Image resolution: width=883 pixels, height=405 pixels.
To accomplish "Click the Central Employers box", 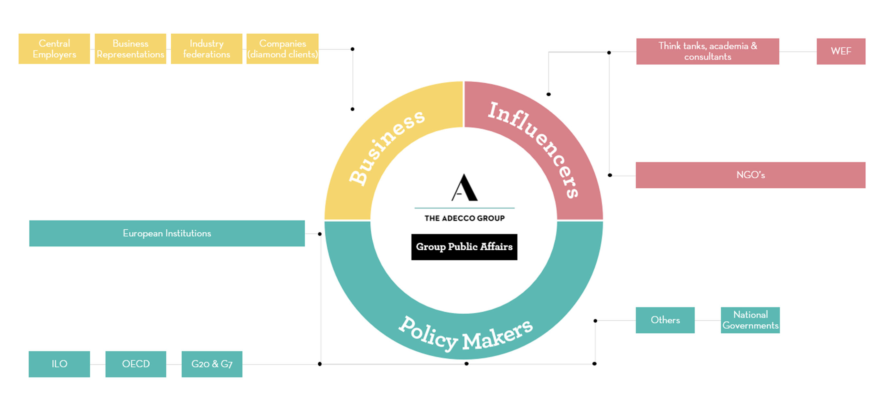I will pyautogui.click(x=54, y=49).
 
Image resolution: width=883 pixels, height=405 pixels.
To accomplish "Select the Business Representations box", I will pyautogui.click(x=130, y=49).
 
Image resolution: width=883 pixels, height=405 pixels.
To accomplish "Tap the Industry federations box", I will pyautogui.click(x=206, y=49).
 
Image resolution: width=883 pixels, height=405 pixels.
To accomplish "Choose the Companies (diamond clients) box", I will pyautogui.click(x=282, y=49).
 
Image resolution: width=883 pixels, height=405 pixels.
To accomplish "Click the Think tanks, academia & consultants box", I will pyautogui.click(x=707, y=51).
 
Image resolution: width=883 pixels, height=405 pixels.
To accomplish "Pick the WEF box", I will pyautogui.click(x=841, y=51).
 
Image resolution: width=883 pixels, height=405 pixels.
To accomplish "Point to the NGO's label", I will pyautogui.click(x=750, y=175).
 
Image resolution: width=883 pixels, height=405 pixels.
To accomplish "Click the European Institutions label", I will pyautogui.click(x=167, y=233).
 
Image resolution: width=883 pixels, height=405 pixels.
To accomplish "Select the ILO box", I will pyautogui.click(x=59, y=364).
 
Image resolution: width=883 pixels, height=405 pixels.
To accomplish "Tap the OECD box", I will pyautogui.click(x=136, y=364).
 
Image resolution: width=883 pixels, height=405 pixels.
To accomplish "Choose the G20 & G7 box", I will pyautogui.click(x=212, y=364).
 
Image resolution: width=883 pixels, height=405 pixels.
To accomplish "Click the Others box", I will pyautogui.click(x=665, y=320).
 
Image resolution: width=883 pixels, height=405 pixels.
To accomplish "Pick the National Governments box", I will pyautogui.click(x=750, y=320).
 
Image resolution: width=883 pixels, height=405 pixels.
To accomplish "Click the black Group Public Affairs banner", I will pyautogui.click(x=464, y=247).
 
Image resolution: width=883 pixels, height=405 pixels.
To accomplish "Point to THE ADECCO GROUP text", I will pyautogui.click(x=464, y=218).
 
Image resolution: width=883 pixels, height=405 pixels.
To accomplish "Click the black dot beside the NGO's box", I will pyautogui.click(x=610, y=175).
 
